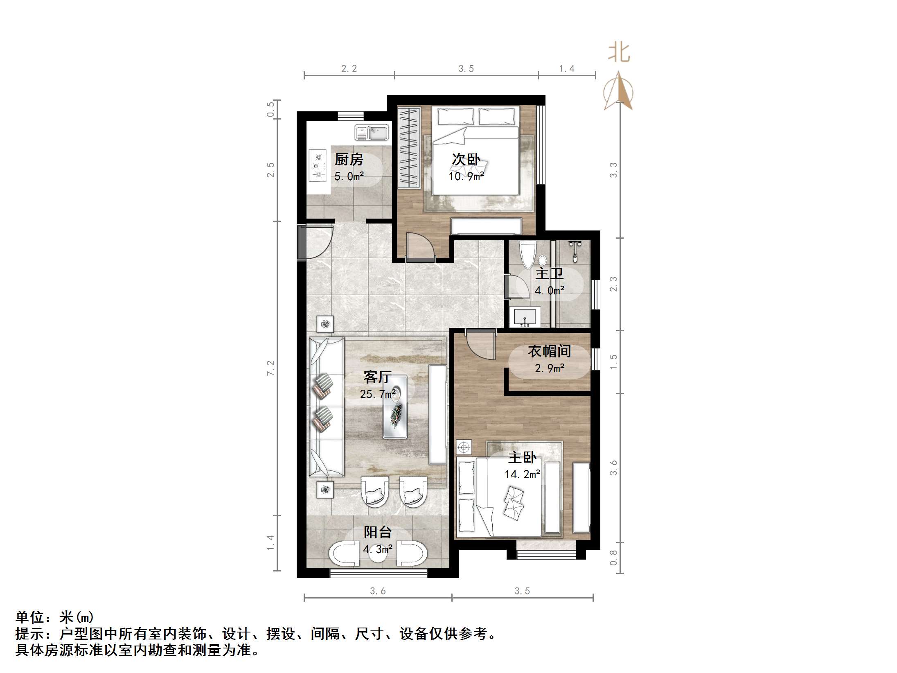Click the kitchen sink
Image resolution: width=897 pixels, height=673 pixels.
tap(372, 133)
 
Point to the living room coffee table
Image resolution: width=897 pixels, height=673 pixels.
tap(395, 407)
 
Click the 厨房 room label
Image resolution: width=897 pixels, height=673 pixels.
tap(349, 159)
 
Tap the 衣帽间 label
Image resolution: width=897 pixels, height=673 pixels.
tap(549, 351)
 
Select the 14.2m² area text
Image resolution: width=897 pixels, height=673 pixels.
tap(522, 474)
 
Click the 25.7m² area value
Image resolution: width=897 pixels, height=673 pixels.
tap(378, 394)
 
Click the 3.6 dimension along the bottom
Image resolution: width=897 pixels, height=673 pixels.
tap(378, 591)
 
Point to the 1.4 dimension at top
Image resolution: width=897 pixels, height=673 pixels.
tap(567, 69)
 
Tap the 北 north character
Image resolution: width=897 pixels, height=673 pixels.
tap(619, 54)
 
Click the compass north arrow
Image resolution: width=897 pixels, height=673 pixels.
tap(619, 91)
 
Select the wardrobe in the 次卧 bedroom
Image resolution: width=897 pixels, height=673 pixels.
tap(409, 147)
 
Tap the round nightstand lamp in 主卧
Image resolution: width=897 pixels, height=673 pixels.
tap(464, 447)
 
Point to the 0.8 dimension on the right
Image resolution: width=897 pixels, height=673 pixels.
tap(613, 558)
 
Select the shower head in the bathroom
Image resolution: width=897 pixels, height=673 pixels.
tap(575, 247)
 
